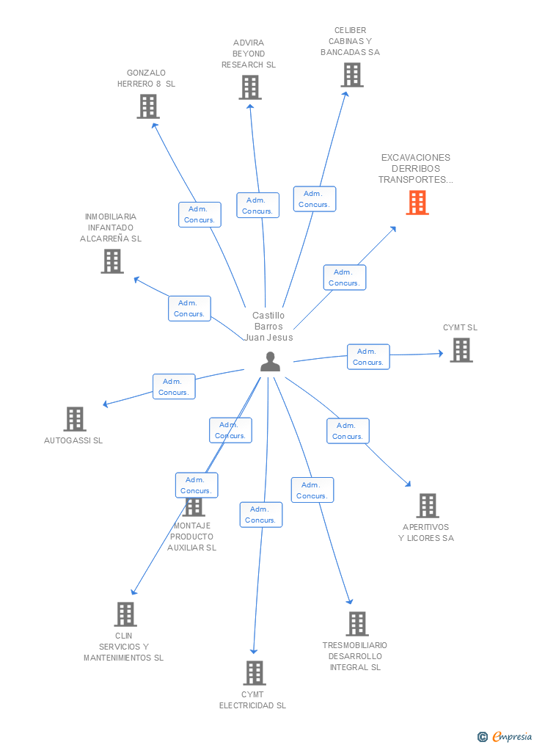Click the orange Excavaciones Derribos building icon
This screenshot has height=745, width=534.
(417, 203)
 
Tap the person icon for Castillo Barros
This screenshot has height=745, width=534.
(270, 362)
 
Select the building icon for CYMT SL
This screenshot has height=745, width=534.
(461, 350)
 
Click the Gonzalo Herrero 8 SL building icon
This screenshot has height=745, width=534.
(148, 106)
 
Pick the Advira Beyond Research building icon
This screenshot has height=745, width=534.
(250, 87)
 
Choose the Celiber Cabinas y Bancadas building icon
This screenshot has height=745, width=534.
(352, 75)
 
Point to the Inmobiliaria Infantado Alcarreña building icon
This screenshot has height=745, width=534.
(112, 261)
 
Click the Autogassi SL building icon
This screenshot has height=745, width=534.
(75, 419)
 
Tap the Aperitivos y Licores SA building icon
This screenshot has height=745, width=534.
(428, 506)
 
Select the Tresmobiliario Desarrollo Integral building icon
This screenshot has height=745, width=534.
(357, 624)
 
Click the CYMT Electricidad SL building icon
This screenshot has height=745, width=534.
(255, 673)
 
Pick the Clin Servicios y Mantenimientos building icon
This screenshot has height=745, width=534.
(125, 614)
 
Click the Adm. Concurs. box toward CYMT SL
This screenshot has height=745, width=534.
(368, 357)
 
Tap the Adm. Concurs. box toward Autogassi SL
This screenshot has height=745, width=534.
(174, 387)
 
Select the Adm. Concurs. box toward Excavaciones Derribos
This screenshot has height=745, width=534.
(345, 277)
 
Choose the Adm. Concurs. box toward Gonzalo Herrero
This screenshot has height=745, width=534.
(200, 215)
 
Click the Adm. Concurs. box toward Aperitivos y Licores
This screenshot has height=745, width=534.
(348, 431)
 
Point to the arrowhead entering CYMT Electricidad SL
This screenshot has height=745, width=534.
(254, 651)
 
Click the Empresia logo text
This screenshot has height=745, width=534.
(512, 736)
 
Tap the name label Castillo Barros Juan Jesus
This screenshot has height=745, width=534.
(268, 327)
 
